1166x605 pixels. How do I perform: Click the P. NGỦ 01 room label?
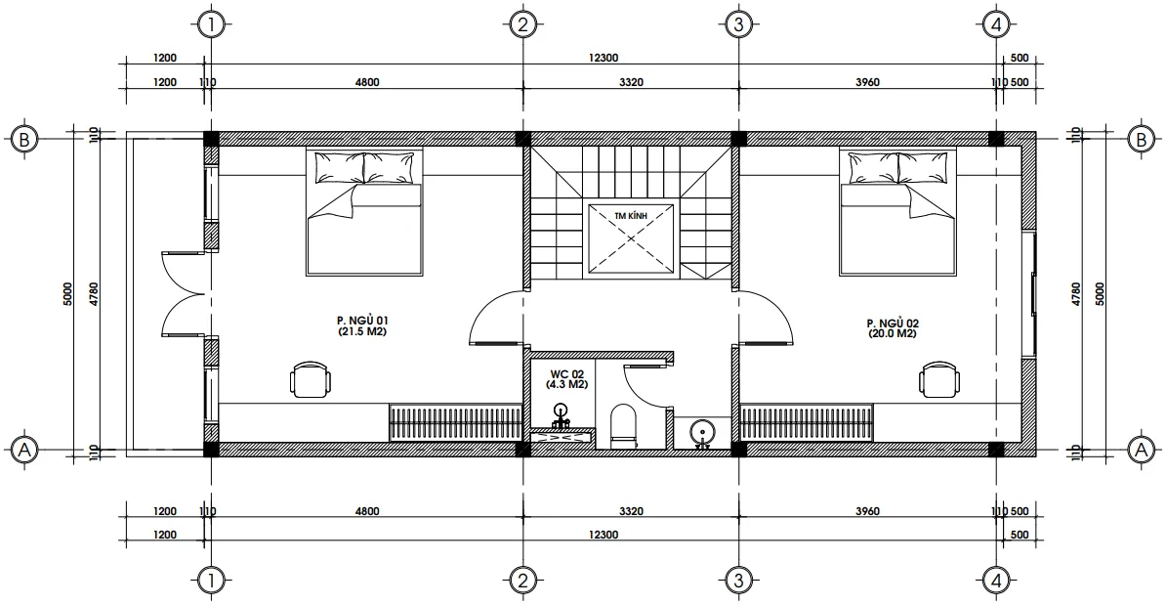(x=361, y=326)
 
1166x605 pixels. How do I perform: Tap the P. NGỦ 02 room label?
(x=893, y=328)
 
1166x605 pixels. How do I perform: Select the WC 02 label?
(x=566, y=379)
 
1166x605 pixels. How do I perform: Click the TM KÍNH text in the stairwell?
(x=631, y=215)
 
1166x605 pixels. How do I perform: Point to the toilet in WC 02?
(x=623, y=427)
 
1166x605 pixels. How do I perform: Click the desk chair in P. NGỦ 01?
(x=310, y=379)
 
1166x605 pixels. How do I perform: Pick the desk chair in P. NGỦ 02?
(x=940, y=379)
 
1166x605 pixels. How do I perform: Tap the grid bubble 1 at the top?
(x=212, y=24)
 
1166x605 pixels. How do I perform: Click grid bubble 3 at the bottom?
(x=737, y=581)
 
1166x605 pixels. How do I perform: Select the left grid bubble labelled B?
(x=24, y=139)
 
